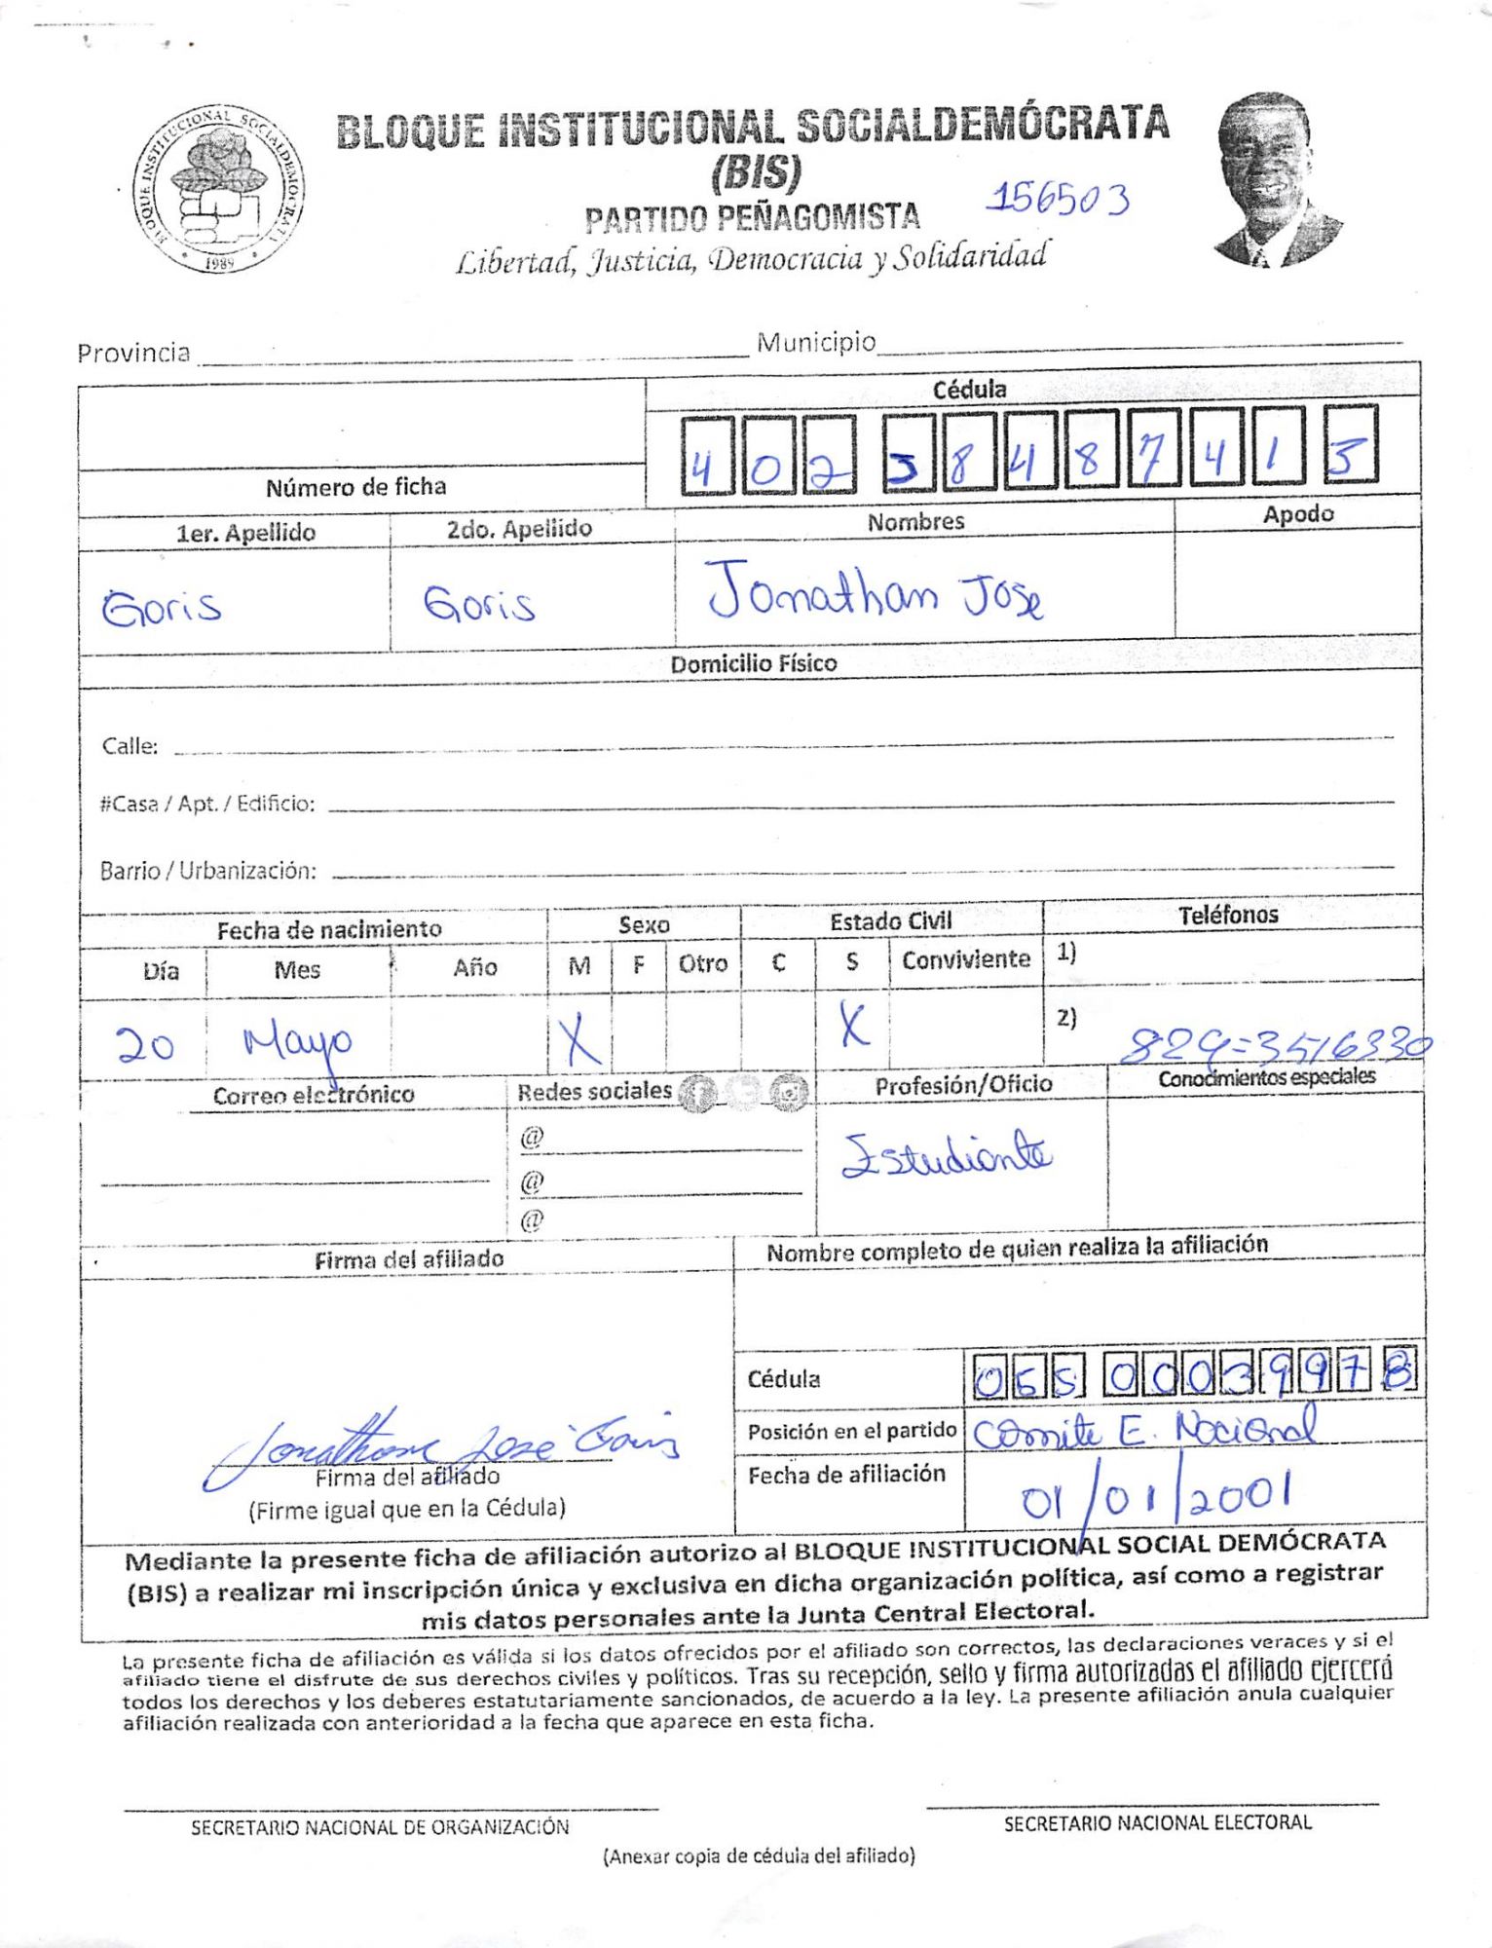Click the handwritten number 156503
coord(1058,199)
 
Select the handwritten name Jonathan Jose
coord(874,591)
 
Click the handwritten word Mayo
coord(298,1043)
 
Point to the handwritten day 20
coord(145,1044)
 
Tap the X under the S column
coord(852,1026)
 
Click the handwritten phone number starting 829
coord(1275,1045)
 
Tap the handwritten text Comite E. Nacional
coord(1144,1430)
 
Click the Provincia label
coord(133,353)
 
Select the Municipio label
coord(816,343)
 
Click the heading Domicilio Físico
coord(753,663)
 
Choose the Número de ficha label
coord(355,487)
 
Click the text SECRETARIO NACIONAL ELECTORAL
coord(1157,1822)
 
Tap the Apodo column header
coord(1297,514)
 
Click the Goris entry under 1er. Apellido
coord(162,607)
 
